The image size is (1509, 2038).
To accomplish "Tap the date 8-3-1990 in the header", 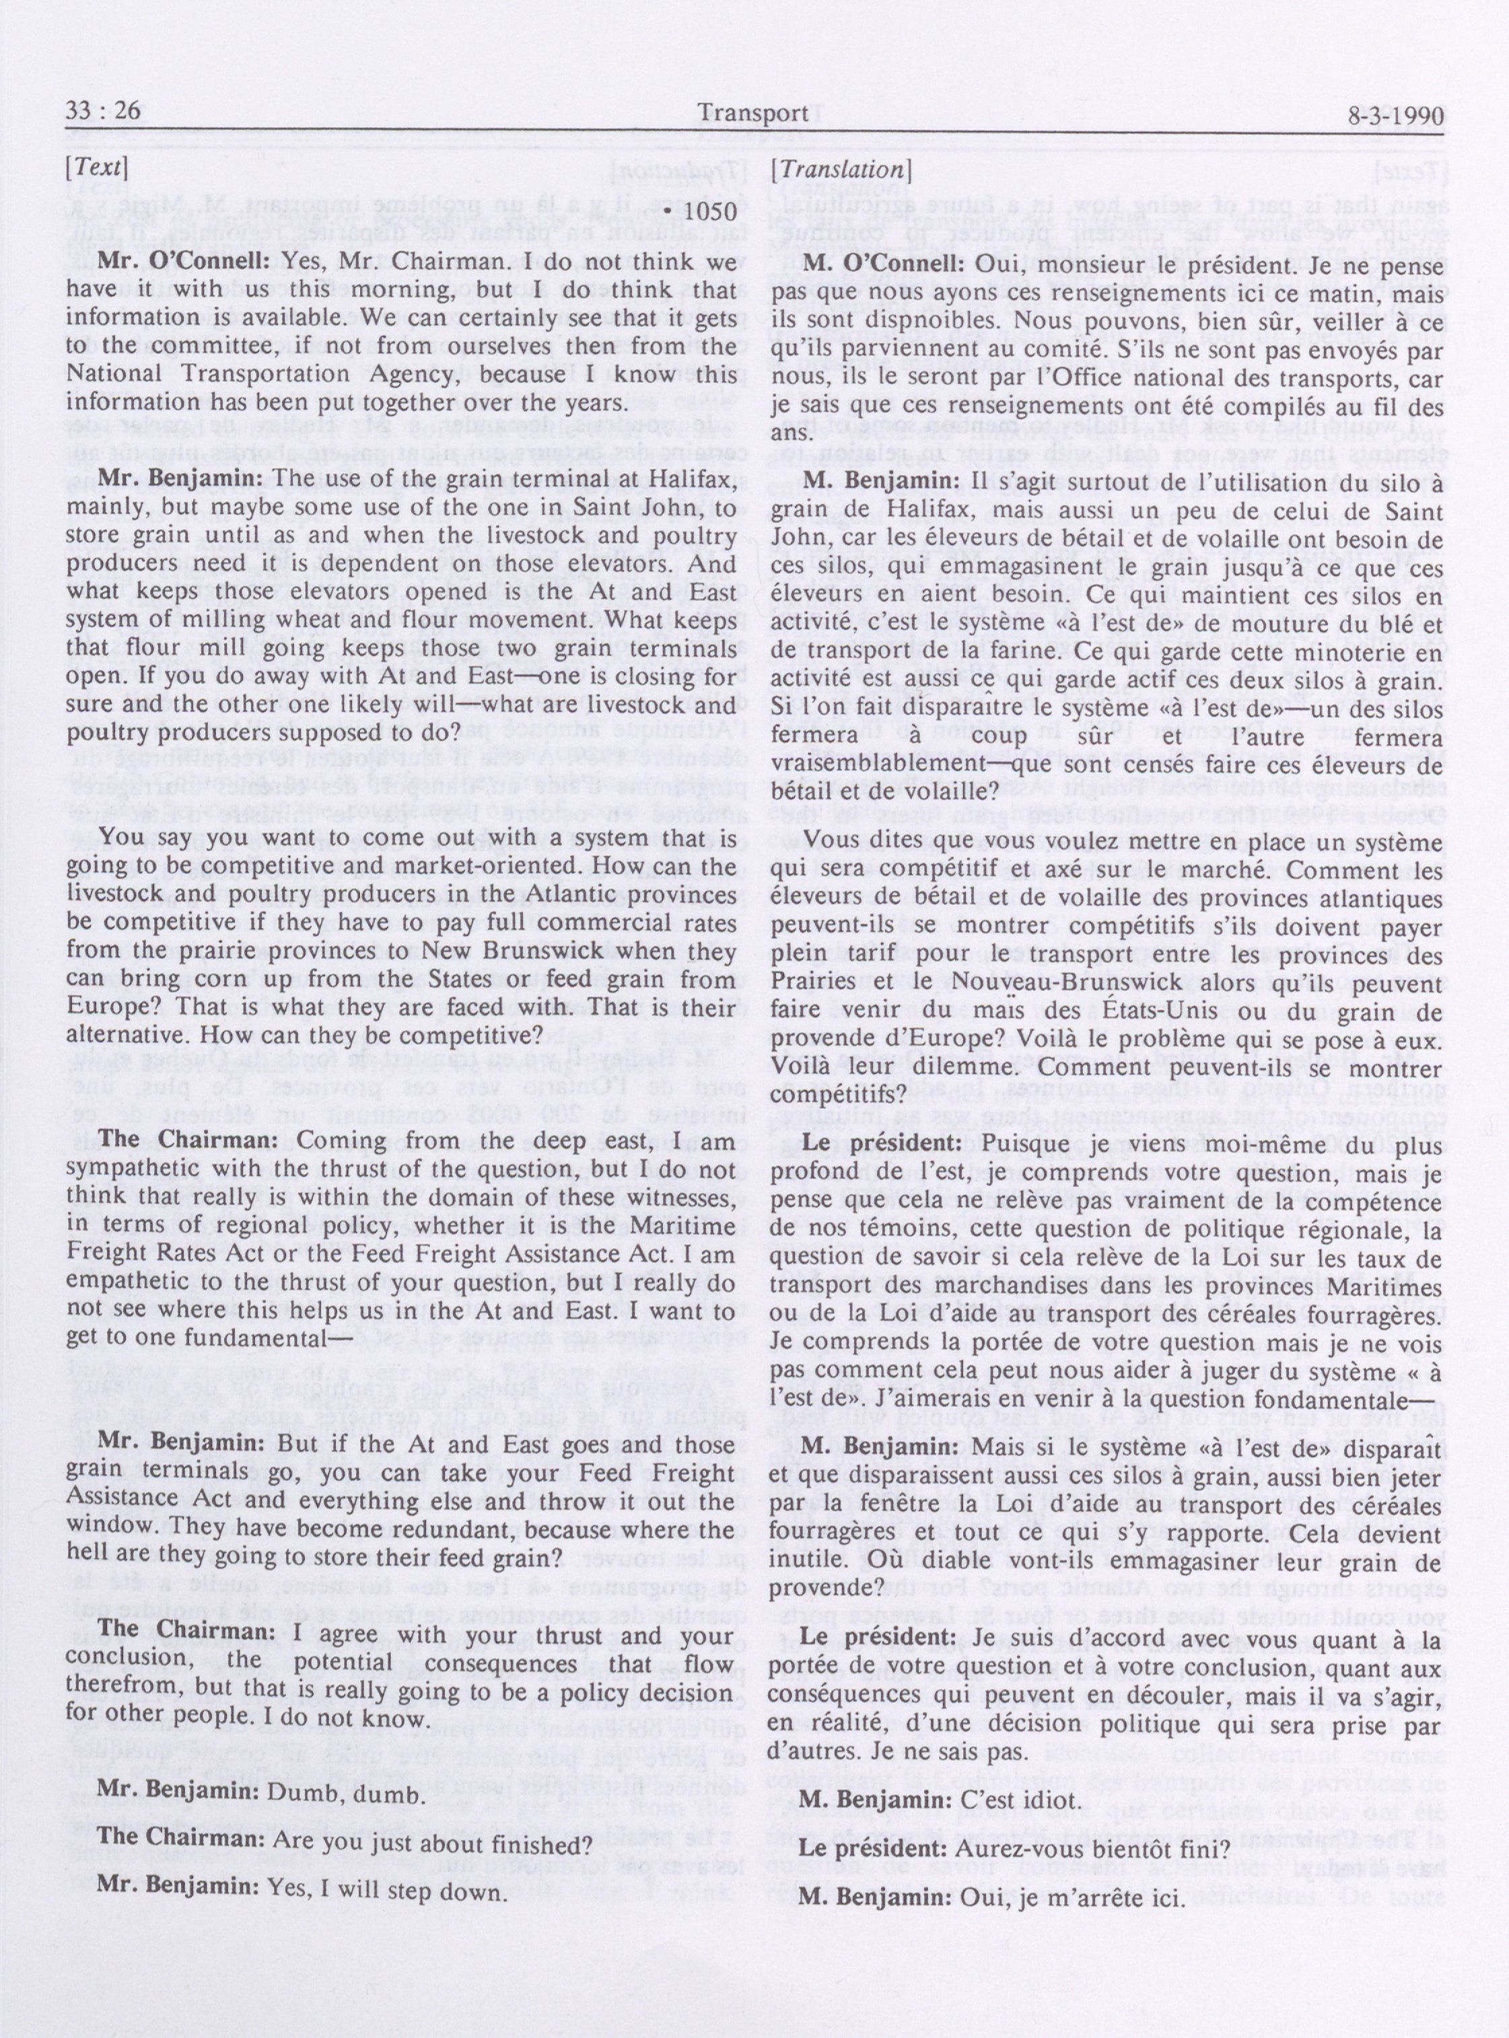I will [x=1394, y=117].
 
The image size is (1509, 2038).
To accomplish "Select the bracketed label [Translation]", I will [x=841, y=169].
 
